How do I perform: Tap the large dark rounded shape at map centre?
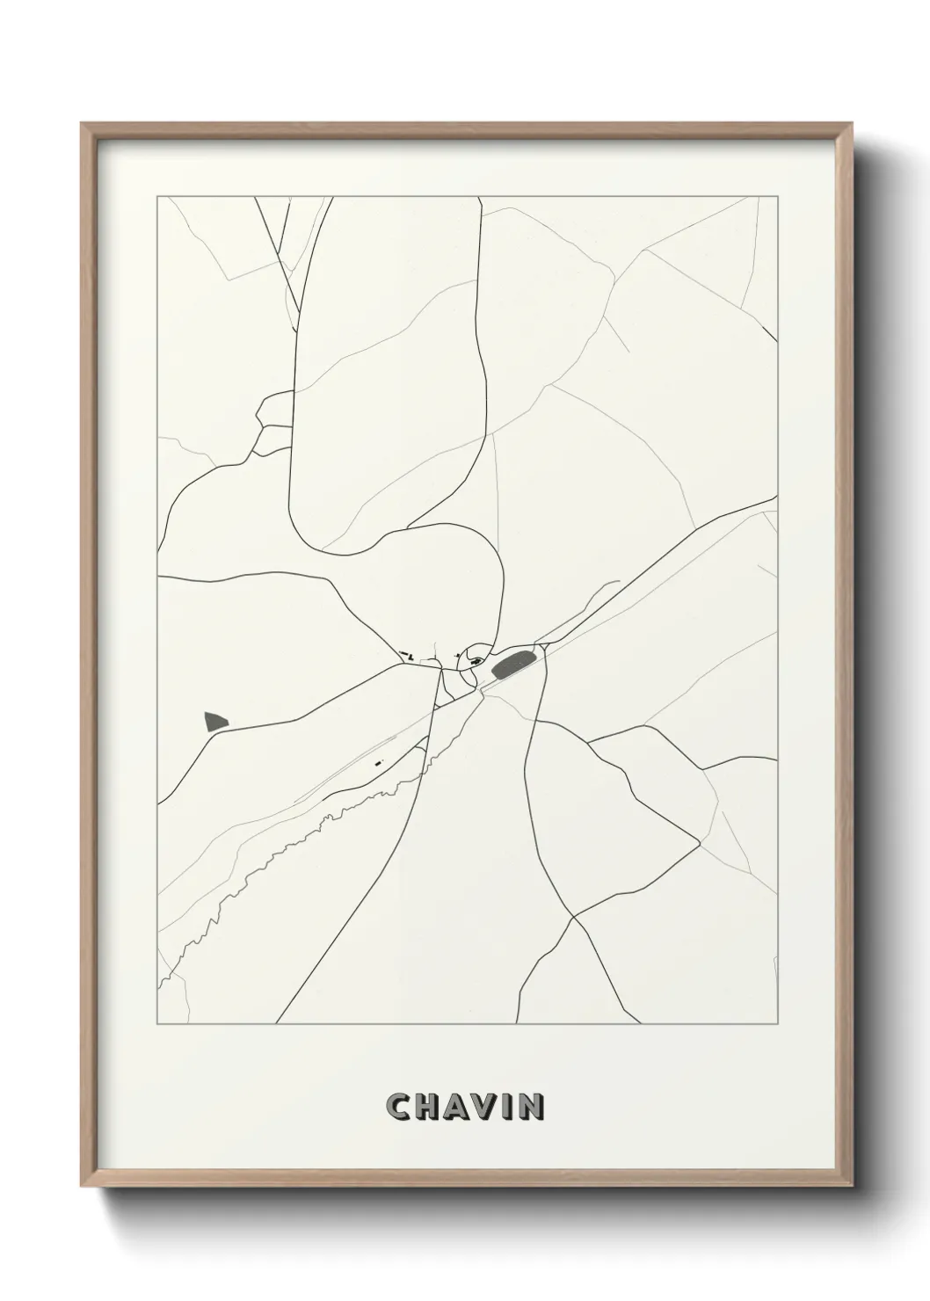click(x=508, y=665)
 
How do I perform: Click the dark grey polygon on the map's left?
click(x=214, y=722)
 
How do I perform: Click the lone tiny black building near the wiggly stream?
click(x=378, y=763)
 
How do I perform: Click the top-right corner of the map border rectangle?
click(x=778, y=197)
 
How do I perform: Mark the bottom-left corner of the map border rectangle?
click(x=157, y=1024)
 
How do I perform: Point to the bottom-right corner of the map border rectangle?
click(x=778, y=1024)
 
